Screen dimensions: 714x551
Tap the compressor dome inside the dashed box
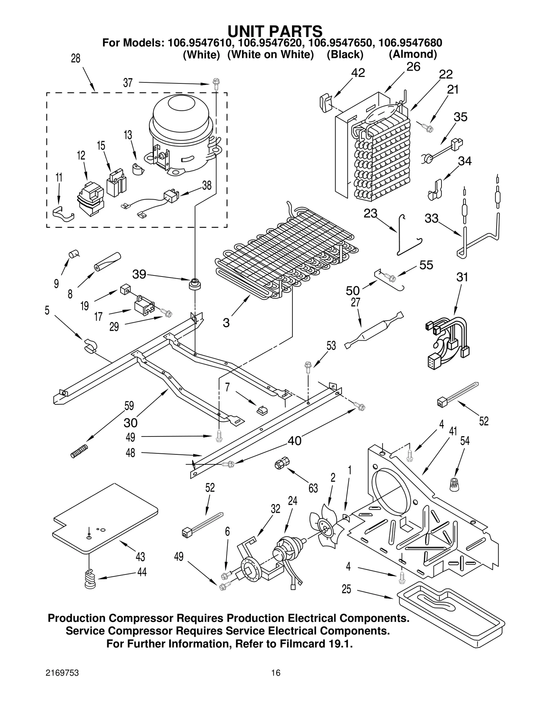tap(181, 121)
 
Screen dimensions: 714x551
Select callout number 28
tap(75, 59)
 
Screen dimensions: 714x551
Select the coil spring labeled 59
tap(80, 451)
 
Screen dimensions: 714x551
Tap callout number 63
tap(313, 488)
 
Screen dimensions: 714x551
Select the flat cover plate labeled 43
tap(105, 517)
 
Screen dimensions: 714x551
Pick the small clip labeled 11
tap(63, 214)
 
